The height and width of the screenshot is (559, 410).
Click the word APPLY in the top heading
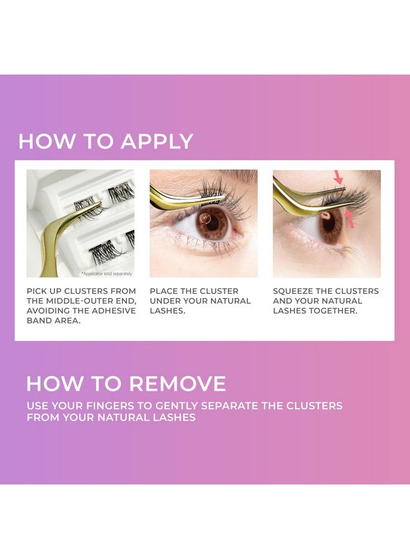(157, 142)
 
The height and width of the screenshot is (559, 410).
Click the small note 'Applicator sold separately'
(106, 273)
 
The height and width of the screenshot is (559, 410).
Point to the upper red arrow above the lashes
(339, 177)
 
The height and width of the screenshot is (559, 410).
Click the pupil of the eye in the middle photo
(213, 223)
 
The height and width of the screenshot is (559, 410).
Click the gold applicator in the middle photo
(180, 198)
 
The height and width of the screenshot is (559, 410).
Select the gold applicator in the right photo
(298, 193)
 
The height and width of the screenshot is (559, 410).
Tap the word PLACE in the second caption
(163, 291)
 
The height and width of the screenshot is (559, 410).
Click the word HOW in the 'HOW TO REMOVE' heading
(48, 383)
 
